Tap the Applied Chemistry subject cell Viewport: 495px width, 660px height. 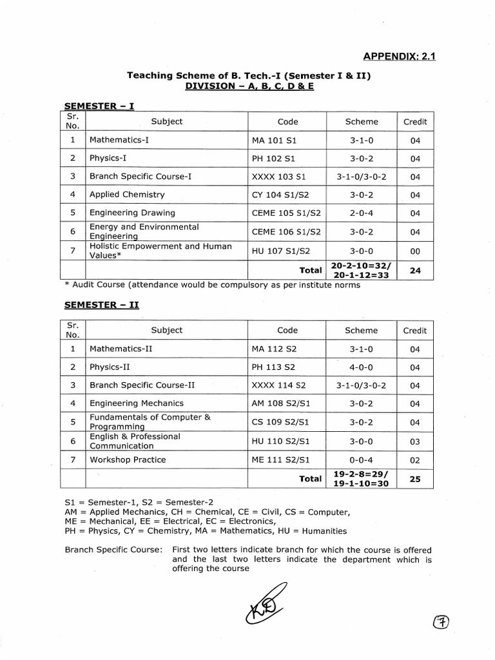[x=127, y=194]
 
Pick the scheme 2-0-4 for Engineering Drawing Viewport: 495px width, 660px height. [x=361, y=213]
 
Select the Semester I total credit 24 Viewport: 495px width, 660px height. [x=414, y=271]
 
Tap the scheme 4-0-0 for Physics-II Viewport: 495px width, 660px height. [x=361, y=367]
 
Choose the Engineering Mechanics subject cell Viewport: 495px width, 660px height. [x=137, y=403]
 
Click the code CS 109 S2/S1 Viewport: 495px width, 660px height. [x=281, y=422]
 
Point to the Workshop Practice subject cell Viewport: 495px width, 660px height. [x=128, y=460]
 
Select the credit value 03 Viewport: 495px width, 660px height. [x=414, y=441]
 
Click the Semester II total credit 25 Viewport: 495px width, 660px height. [x=414, y=479]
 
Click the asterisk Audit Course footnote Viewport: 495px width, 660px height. [x=212, y=286]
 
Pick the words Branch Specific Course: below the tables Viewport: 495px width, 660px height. [x=113, y=550]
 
